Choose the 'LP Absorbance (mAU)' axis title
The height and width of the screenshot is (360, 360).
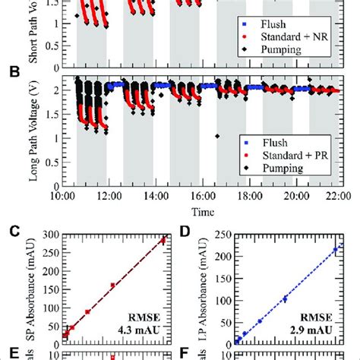(202, 289)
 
